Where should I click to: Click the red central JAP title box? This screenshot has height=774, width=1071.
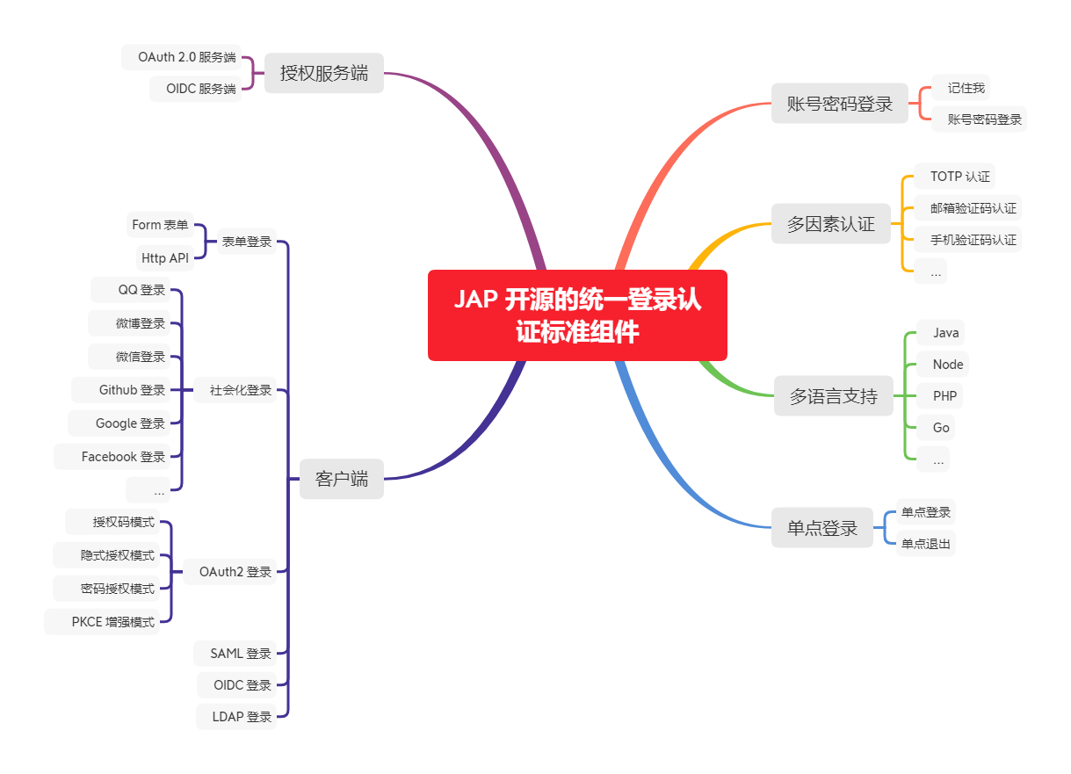pos(577,315)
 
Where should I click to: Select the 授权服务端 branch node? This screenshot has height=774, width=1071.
pos(323,74)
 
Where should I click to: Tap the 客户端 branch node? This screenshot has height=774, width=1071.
pos(341,480)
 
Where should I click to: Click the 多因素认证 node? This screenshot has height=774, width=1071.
pos(830,224)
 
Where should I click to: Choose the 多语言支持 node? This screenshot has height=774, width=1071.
pos(833,396)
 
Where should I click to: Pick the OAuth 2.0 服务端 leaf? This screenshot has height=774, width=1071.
pos(181,57)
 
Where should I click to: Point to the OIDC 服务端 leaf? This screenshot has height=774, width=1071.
pos(194,89)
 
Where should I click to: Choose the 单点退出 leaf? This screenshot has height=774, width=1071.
pos(926,544)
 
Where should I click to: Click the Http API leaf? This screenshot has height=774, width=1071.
pos(164,258)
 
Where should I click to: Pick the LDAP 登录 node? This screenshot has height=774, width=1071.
pos(236,717)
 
